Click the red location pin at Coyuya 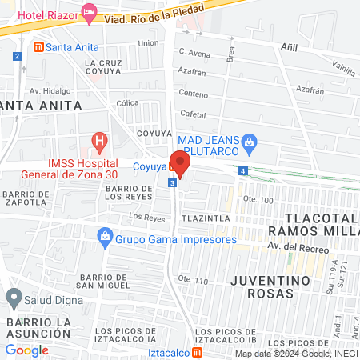click(x=181, y=165)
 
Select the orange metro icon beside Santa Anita click(x=38, y=47)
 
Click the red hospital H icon click(x=99, y=144)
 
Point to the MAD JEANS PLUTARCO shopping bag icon click(x=250, y=142)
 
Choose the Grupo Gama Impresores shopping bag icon click(x=104, y=238)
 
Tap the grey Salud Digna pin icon click(x=13, y=298)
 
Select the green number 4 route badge click(x=242, y=170)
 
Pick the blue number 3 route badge click(x=172, y=183)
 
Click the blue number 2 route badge click(x=17, y=56)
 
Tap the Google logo click(x=26, y=350)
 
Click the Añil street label click(x=289, y=47)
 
